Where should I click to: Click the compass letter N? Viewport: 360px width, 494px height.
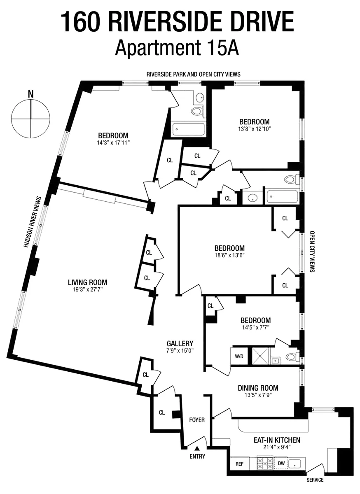(30, 94)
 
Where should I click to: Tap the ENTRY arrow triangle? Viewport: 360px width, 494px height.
(197, 448)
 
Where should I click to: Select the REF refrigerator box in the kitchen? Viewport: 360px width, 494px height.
(239, 464)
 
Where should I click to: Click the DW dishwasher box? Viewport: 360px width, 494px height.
(281, 464)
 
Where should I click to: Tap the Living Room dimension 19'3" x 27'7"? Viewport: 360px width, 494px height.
(87, 290)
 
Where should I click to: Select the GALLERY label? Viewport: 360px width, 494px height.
(180, 343)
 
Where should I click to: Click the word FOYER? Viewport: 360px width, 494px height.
(197, 420)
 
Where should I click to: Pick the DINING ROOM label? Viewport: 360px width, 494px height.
(258, 388)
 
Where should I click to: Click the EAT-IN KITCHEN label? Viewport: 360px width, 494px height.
(277, 440)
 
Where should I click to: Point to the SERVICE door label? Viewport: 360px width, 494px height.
(315, 480)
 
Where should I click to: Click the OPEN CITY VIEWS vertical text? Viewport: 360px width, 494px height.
(312, 251)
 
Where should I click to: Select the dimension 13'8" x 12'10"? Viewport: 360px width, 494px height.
(255, 129)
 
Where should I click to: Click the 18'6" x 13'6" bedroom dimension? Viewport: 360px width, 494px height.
(229, 256)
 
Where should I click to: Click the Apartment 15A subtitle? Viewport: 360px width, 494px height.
(177, 48)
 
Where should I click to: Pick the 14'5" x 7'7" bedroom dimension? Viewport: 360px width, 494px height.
(255, 328)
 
